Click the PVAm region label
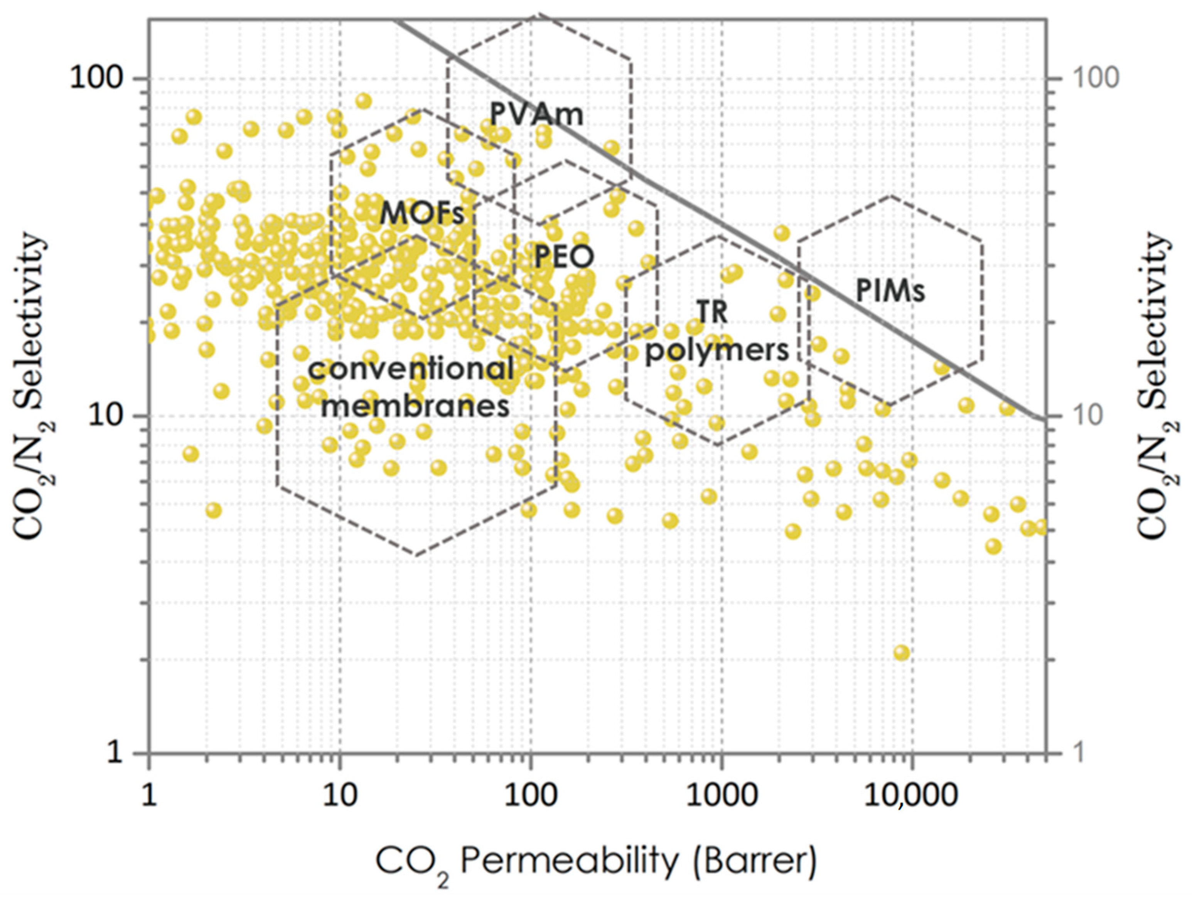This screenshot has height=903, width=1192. click(x=537, y=114)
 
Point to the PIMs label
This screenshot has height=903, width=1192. click(x=890, y=291)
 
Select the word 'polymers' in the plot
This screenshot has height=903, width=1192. click(x=717, y=351)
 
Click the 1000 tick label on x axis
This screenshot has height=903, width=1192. click(x=722, y=795)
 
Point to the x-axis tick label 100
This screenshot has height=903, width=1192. click(x=531, y=795)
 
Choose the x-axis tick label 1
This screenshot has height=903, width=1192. click(x=149, y=795)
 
